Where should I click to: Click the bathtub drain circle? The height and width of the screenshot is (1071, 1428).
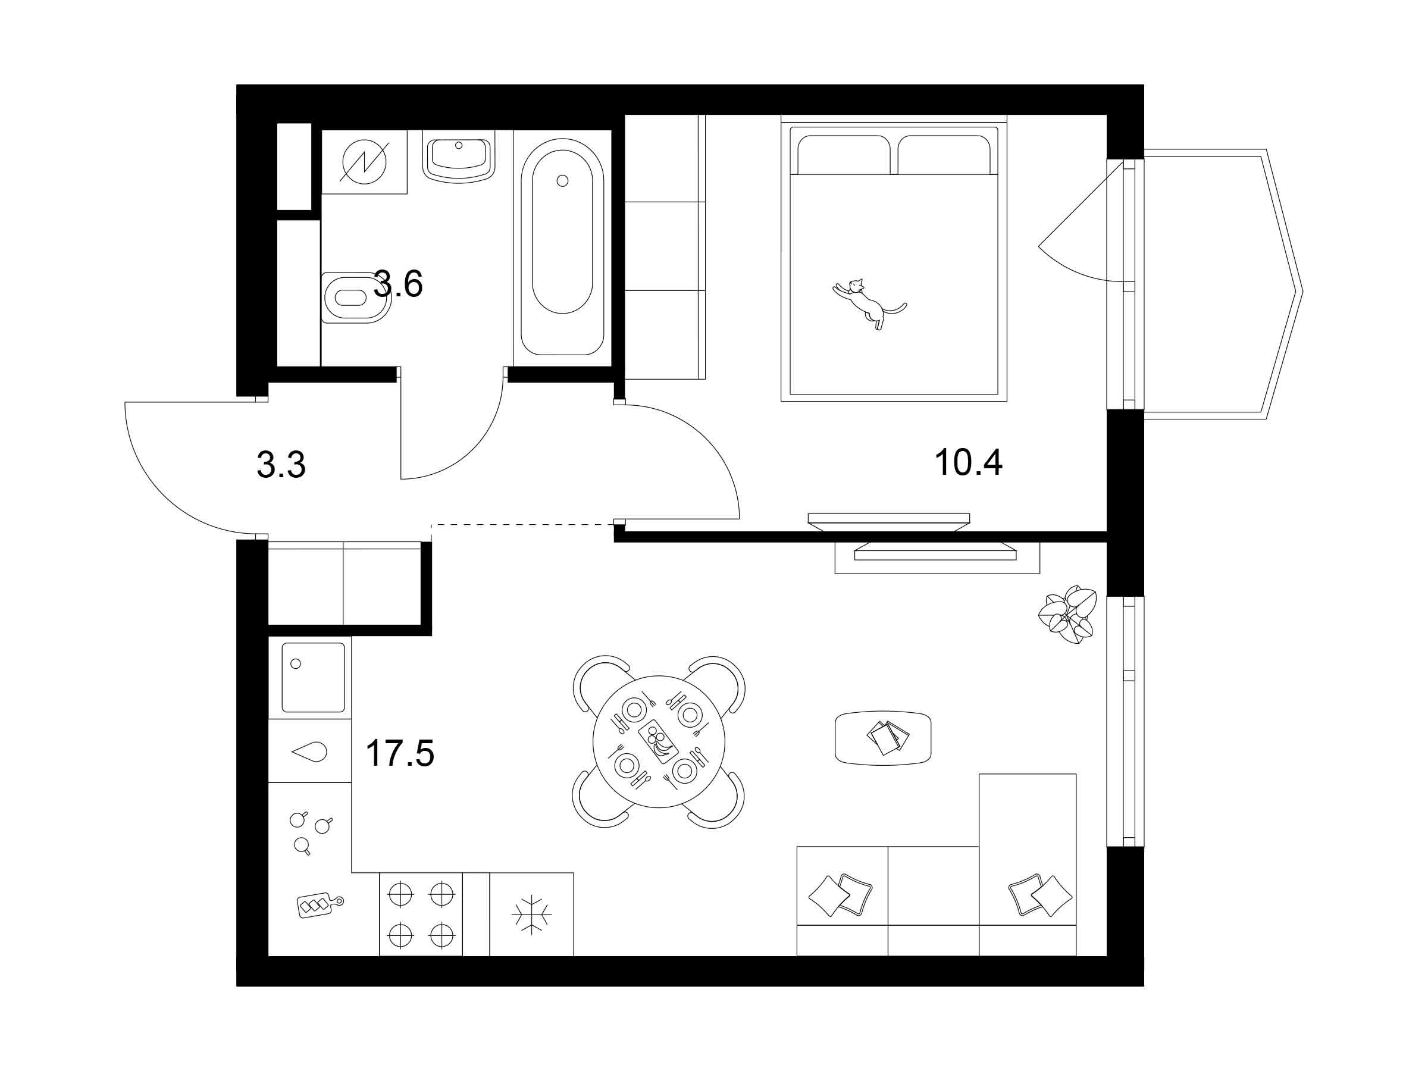tap(562, 181)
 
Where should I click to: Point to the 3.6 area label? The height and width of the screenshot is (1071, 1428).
tap(398, 283)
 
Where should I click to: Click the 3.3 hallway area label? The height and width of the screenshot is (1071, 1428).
tap(281, 465)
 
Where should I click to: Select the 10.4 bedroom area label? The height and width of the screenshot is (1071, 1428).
tap(968, 462)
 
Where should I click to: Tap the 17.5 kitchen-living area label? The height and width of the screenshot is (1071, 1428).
tap(400, 753)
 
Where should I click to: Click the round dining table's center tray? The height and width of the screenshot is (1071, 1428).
tap(659, 741)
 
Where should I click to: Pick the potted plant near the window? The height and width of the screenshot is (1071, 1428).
tap(1067, 615)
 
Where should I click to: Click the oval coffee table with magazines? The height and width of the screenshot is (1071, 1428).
tap(883, 738)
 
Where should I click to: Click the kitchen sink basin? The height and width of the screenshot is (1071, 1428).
tap(313, 677)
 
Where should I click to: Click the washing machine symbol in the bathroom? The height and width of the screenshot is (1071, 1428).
tap(364, 161)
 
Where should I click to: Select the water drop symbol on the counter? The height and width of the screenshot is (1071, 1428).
tap(310, 751)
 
